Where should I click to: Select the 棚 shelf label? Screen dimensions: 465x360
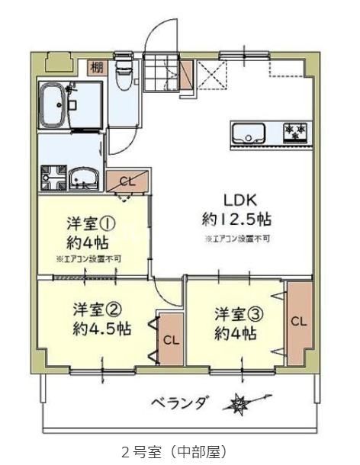click(x=97, y=66)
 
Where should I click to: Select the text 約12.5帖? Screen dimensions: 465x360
click(x=237, y=219)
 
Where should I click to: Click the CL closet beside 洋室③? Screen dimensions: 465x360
click(x=300, y=322)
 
